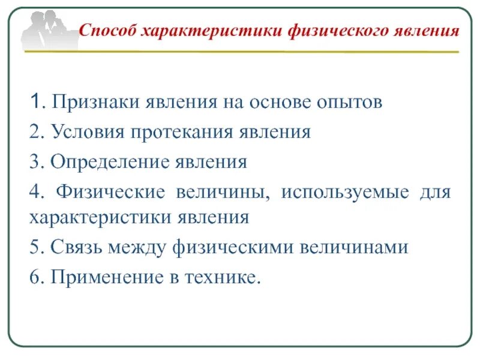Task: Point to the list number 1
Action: coord(35,103)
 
